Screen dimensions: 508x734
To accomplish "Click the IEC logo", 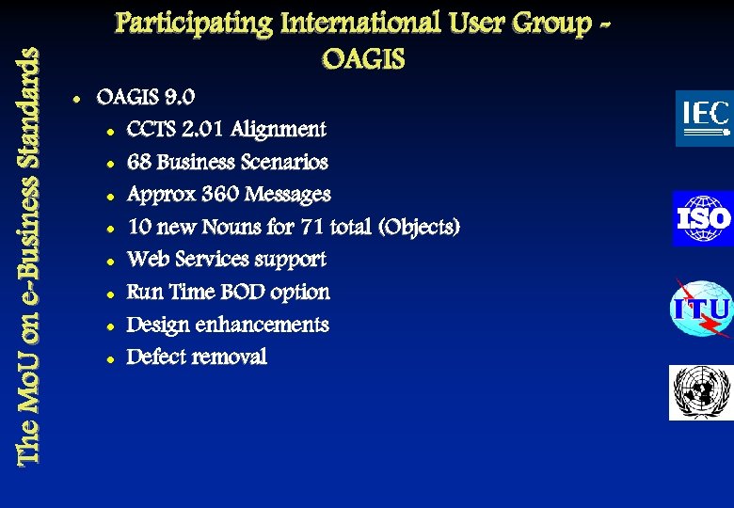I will point(704,118).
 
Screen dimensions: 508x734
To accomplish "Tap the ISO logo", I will point(703,218).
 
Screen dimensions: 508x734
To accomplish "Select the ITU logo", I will point(701,309).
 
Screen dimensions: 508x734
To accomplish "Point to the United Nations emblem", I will point(700,392).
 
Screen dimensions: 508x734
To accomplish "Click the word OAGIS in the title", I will point(363,61).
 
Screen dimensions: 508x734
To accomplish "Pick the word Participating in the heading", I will point(191,23).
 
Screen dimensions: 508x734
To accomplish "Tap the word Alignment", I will point(280,129).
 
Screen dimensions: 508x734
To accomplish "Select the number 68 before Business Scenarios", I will point(139,162).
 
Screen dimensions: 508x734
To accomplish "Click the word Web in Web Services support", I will point(146,259).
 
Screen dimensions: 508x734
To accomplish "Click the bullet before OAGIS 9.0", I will point(73,98).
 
